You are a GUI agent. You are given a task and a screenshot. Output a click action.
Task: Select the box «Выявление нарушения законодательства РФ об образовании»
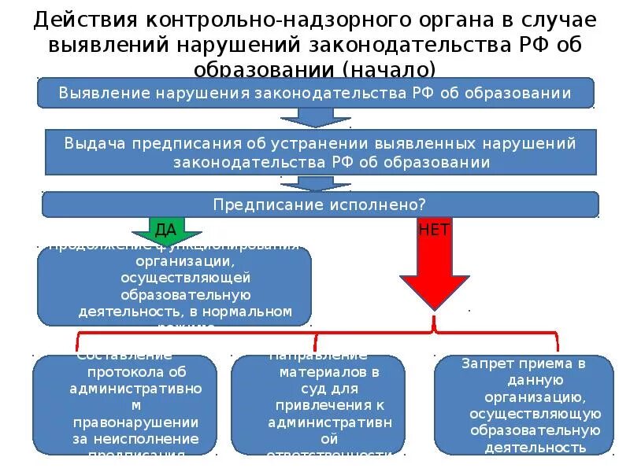click(315, 93)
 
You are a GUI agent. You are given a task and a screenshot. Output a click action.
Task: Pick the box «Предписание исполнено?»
click(320, 205)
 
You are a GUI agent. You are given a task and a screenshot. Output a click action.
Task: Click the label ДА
click(165, 230)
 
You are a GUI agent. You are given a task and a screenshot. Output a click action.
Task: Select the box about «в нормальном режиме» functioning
click(174, 286)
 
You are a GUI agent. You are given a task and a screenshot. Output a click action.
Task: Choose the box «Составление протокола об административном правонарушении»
click(124, 404)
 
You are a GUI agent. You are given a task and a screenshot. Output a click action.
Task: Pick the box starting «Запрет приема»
click(524, 404)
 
